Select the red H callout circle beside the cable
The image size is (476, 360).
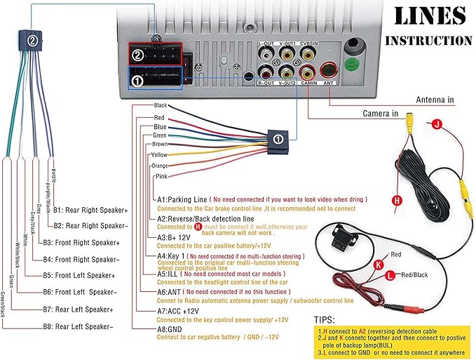[x=397, y=201]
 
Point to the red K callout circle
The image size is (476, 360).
[x=379, y=264]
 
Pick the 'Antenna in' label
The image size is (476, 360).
[x=441, y=100]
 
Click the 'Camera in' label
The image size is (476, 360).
[x=380, y=113]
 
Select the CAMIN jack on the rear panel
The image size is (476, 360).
[x=307, y=71]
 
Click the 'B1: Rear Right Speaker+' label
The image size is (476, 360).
[x=95, y=209]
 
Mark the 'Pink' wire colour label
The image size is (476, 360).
[x=161, y=176]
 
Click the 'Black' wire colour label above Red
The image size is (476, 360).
[x=161, y=105]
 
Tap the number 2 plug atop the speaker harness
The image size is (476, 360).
[x=32, y=41]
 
